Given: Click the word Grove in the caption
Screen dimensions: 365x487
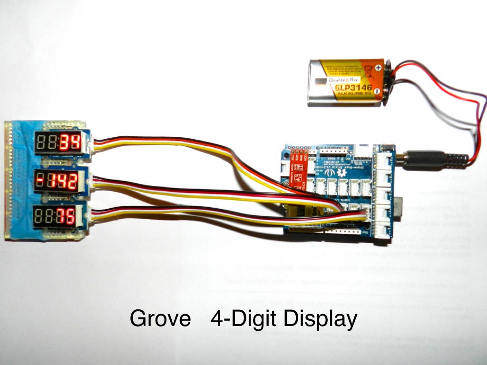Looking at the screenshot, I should pos(160,318).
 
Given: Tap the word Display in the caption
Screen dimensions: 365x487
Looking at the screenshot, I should pos(320,319).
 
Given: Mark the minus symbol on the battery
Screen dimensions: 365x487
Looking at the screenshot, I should pos(377,90).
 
